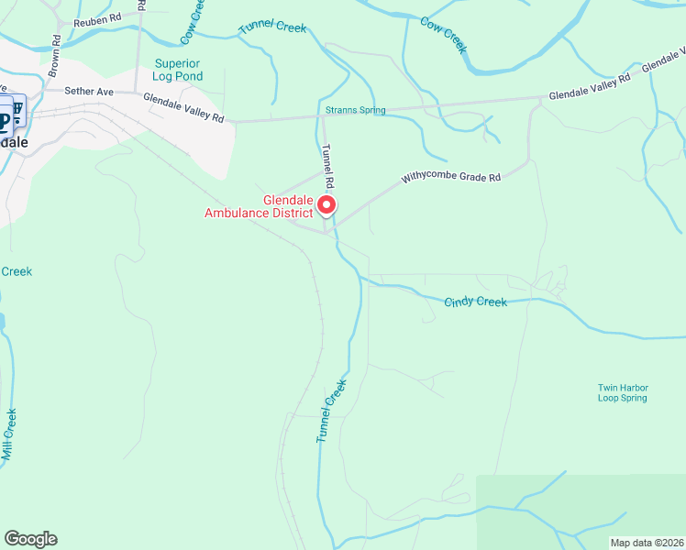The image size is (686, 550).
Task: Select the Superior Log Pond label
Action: [x=177, y=70]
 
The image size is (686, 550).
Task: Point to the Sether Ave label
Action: [x=88, y=91]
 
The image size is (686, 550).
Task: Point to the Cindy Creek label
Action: [x=475, y=302]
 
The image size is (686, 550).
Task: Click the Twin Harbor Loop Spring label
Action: [x=622, y=392]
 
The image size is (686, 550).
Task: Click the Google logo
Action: [x=30, y=539]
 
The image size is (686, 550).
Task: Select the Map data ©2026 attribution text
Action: [x=647, y=543]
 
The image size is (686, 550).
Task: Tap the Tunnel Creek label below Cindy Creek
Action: [x=331, y=412]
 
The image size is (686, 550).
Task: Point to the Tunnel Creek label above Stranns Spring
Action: [x=272, y=27]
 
